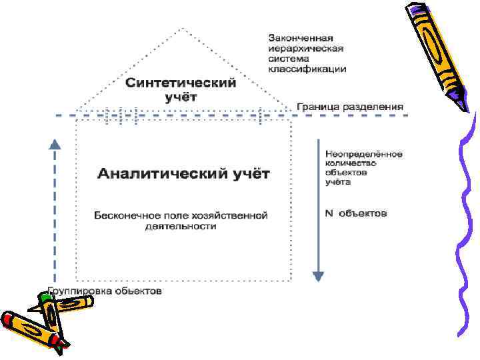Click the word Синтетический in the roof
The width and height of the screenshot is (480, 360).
pyautogui.click(x=181, y=83)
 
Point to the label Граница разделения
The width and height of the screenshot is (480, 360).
pyautogui.click(x=350, y=107)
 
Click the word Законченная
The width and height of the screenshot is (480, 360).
pyautogui.click(x=301, y=37)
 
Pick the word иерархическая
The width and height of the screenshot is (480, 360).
pyautogui.click(x=306, y=48)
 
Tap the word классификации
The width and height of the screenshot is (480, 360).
pyautogui.click(x=307, y=69)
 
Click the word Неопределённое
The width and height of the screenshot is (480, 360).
pyautogui.click(x=364, y=154)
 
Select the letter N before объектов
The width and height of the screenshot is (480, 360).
pyautogui.click(x=329, y=213)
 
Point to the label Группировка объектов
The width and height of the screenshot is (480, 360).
pyautogui.click(x=104, y=292)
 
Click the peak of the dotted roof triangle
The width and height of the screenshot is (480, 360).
pyautogui.click(x=182, y=29)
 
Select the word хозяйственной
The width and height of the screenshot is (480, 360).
pyautogui.click(x=234, y=215)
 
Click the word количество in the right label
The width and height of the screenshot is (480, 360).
pyautogui.click(x=351, y=163)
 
